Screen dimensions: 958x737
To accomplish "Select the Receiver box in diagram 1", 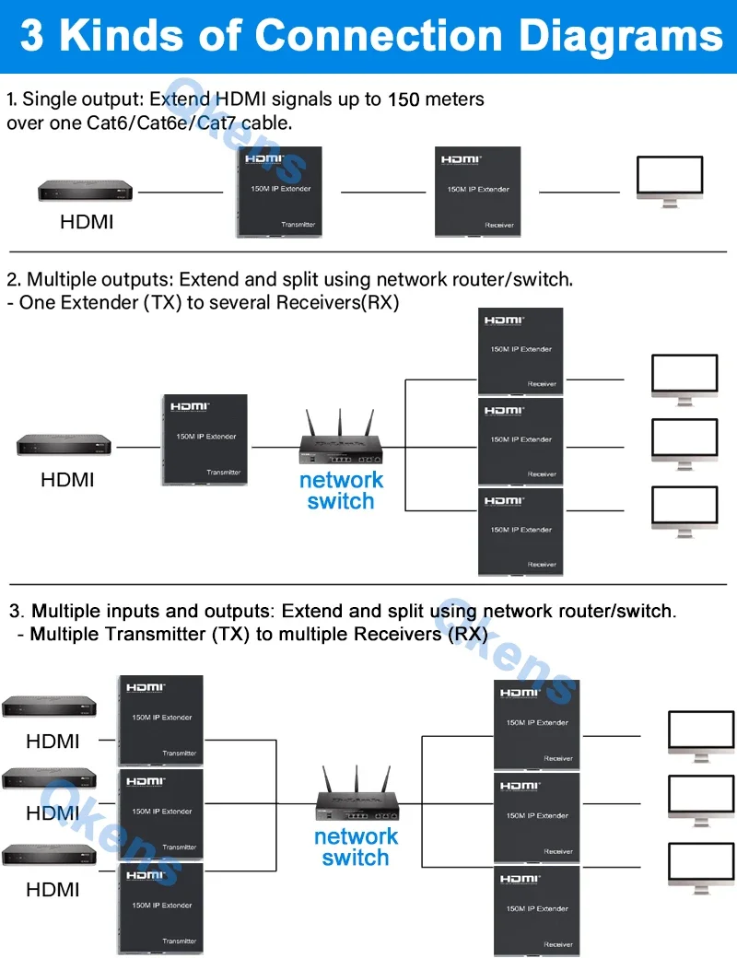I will [478, 192].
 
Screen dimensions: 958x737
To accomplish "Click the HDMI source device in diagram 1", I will [86, 192].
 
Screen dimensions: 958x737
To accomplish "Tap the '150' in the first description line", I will [404, 99].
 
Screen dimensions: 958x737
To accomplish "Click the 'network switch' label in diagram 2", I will [341, 491].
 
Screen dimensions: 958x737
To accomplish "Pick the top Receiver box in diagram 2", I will [521, 352].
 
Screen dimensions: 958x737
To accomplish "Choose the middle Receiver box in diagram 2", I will [521, 442].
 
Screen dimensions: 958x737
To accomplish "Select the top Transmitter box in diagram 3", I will [161, 719].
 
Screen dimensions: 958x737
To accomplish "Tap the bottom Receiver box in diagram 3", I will [537, 910].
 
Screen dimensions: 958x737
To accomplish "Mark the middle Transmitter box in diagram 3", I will [161, 813].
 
